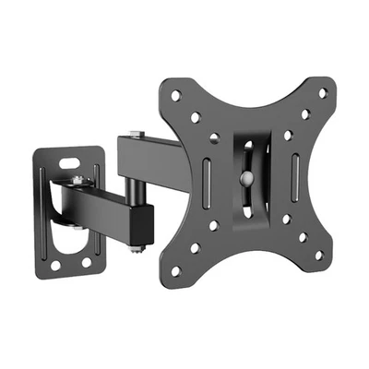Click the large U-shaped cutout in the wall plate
69,242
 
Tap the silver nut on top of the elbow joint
136,136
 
